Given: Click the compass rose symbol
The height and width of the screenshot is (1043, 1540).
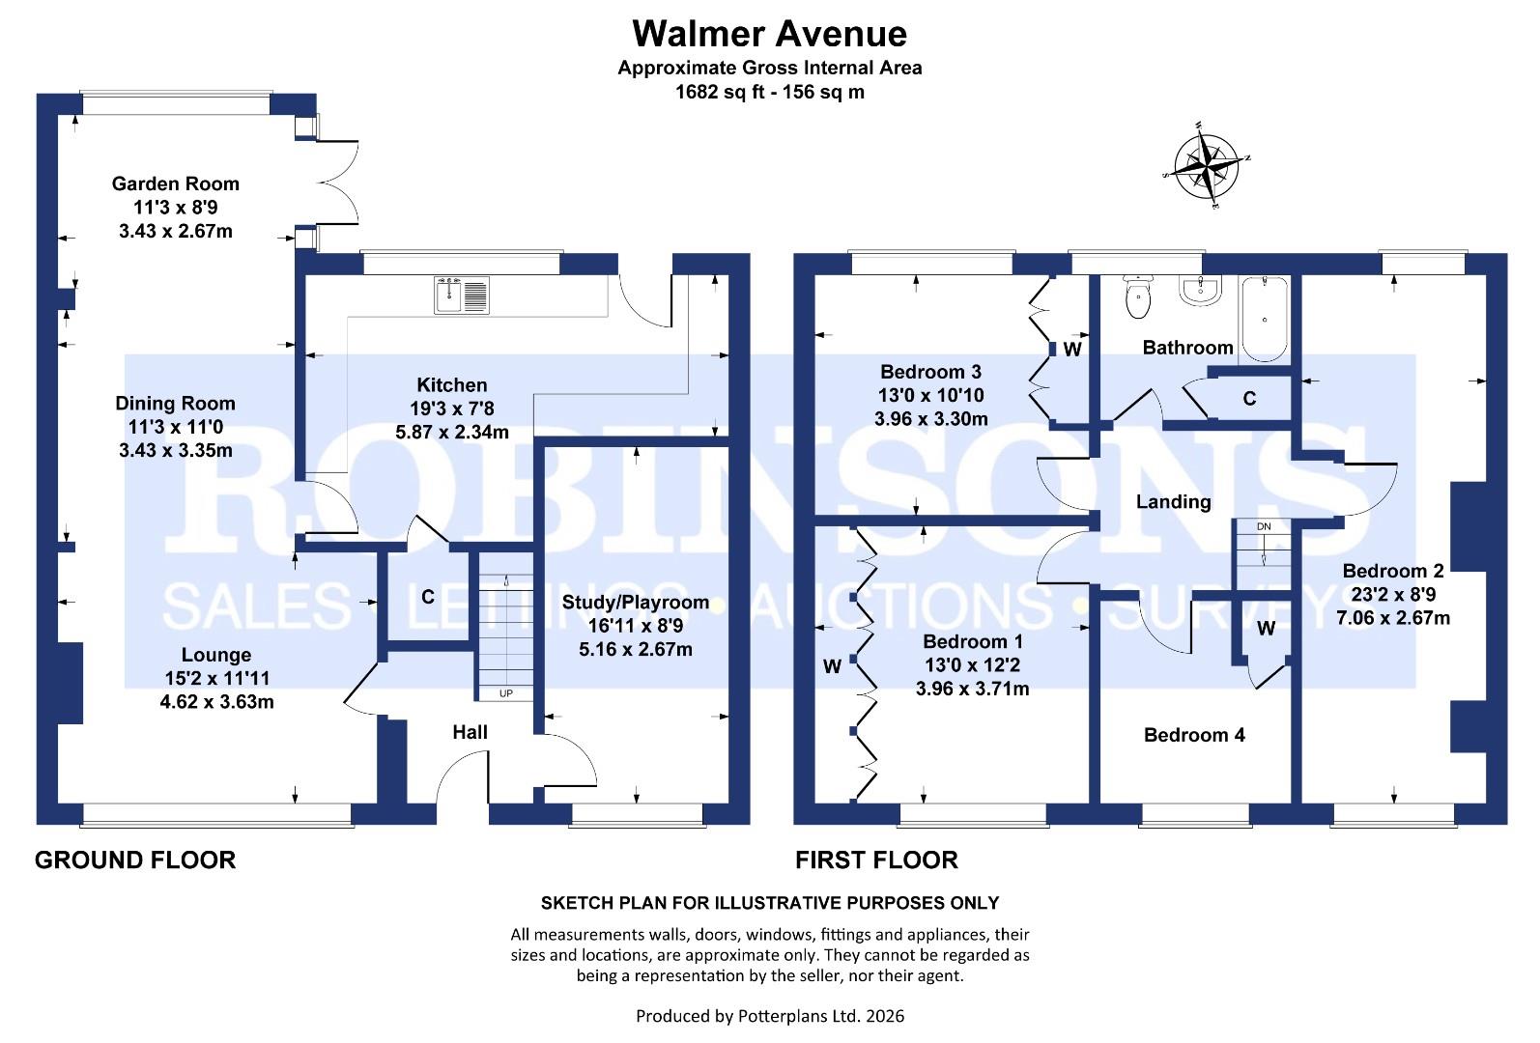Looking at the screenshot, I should pyautogui.click(x=1208, y=166).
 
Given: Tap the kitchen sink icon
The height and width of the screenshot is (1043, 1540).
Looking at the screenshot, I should pyautogui.click(x=464, y=295).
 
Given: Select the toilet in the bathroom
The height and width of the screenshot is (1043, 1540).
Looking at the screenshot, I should pyautogui.click(x=1139, y=297).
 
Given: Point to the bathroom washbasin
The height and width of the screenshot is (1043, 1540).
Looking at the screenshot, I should pyautogui.click(x=1202, y=290).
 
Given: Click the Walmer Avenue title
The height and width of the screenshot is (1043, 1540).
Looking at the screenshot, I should pyautogui.click(x=769, y=34).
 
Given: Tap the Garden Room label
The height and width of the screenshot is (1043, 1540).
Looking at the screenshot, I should pyautogui.click(x=175, y=183).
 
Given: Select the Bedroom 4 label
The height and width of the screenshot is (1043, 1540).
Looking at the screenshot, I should pyautogui.click(x=1194, y=735).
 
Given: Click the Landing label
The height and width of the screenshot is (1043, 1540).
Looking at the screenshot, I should pyautogui.click(x=1173, y=501).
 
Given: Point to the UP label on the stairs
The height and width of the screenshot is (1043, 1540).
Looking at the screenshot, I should pyautogui.click(x=505, y=693).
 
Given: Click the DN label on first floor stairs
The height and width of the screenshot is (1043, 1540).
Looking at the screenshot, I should pyautogui.click(x=1264, y=526).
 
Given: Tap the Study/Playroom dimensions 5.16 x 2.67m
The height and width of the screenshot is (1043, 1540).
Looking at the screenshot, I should pyautogui.click(x=635, y=649).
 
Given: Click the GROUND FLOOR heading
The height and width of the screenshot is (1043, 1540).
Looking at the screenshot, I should pyautogui.click(x=135, y=860).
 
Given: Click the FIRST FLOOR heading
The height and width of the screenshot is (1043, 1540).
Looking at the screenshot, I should pyautogui.click(x=876, y=860).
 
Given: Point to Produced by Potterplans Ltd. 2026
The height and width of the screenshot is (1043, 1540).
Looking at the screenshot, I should pyautogui.click(x=769, y=1016).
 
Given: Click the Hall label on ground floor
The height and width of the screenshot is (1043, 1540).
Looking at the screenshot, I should pyautogui.click(x=470, y=732).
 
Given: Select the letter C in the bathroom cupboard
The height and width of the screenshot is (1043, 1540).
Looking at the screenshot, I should pyautogui.click(x=1249, y=398).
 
